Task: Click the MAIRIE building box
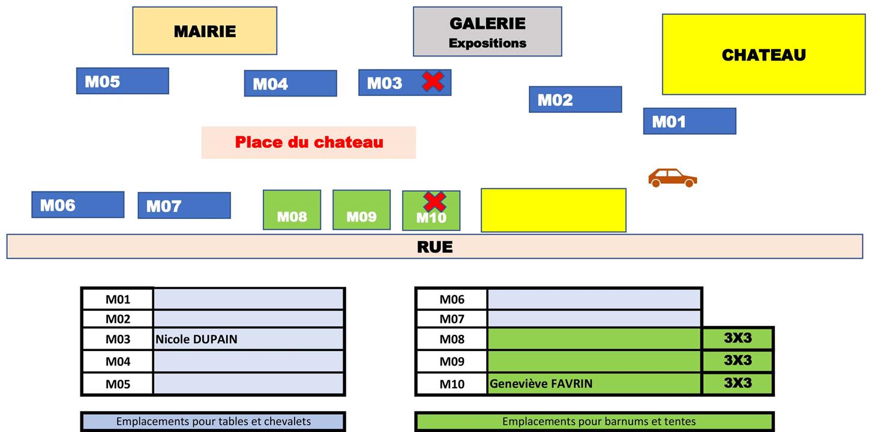[205, 31]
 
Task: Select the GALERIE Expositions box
[487, 32]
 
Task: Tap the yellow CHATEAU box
[763, 55]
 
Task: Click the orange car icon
[672, 178]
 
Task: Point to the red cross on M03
[433, 81]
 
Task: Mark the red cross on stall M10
[434, 202]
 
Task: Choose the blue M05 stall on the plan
[122, 81]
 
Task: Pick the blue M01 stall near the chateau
[690, 121]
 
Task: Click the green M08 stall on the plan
[292, 210]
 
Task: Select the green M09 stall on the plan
[361, 210]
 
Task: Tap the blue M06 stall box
[78, 205]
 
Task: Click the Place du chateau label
[308, 142]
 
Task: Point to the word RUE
[434, 247]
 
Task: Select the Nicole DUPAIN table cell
[248, 339]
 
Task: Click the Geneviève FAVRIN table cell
[594, 383]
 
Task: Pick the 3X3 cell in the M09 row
[738, 361]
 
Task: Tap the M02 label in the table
[118, 319]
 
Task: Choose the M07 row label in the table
[451, 319]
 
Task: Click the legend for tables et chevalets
[213, 421]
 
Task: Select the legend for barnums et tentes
[594, 421]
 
